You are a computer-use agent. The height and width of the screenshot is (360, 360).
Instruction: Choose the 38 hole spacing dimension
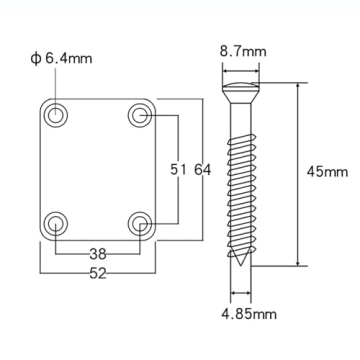pos(97,254)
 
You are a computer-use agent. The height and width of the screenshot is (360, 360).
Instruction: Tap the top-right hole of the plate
pos(139,115)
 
